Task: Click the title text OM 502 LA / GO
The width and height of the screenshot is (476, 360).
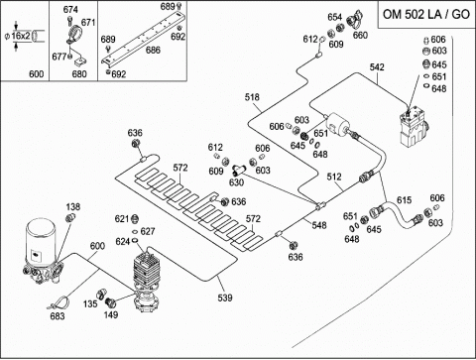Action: [x=426, y=14]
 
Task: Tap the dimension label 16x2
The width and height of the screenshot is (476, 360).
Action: [x=21, y=36]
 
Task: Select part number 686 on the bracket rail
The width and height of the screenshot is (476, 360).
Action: [x=153, y=50]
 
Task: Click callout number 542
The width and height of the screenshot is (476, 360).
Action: [x=377, y=67]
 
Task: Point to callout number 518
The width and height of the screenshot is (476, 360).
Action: [x=252, y=97]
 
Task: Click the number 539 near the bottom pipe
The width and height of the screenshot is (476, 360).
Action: [x=225, y=298]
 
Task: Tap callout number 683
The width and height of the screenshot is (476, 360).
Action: [x=58, y=316]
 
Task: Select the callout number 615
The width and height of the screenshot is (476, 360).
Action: [x=404, y=200]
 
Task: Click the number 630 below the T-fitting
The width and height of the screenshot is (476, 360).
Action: [x=236, y=182]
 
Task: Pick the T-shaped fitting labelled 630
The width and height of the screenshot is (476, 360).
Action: [x=238, y=170]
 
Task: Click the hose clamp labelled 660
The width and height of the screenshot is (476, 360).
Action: [x=355, y=20]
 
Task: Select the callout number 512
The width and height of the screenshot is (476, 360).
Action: [x=334, y=177]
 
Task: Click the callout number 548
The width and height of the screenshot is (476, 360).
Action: [x=319, y=225]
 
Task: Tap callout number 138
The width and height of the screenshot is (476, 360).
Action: [x=73, y=206]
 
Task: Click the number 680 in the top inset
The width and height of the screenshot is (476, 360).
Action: [x=79, y=73]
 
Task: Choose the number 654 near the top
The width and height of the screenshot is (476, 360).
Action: [x=335, y=17]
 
